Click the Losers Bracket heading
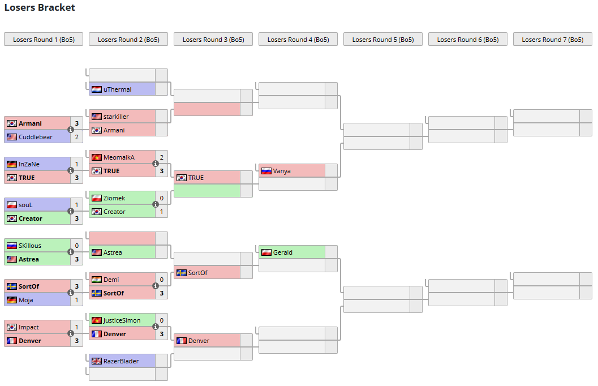40,8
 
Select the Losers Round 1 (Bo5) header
44,40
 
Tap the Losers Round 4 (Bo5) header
298,40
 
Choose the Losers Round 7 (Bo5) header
553,40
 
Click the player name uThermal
117,89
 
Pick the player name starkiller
116,117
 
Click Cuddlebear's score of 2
77,137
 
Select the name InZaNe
30,164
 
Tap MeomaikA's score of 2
162,157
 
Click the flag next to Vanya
266,171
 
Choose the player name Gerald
283,252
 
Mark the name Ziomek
114,198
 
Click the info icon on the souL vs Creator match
71,211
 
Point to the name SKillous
30,246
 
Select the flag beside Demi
97,280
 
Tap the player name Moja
26,300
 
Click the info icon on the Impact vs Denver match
71,333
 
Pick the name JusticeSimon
122,320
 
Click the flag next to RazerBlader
97,361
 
